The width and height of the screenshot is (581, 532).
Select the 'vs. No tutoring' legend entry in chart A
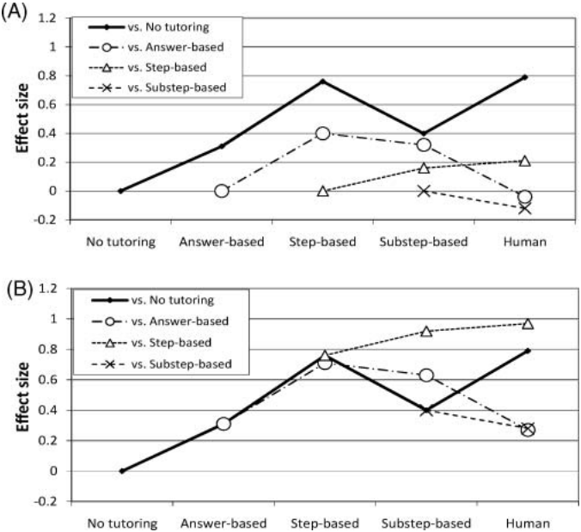[x=149, y=27]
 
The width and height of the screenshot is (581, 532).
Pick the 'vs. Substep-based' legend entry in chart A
[x=157, y=88]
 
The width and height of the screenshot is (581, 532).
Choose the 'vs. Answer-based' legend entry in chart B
[x=160, y=321]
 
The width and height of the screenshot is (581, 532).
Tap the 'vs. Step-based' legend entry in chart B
[x=151, y=342]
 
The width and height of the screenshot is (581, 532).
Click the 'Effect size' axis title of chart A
[x=22, y=119]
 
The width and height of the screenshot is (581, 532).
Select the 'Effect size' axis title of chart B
[x=22, y=397]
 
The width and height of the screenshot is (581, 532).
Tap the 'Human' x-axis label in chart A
[x=524, y=242]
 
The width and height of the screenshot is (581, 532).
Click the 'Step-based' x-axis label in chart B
[x=325, y=523]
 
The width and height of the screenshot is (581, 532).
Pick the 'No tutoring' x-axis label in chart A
[x=121, y=242]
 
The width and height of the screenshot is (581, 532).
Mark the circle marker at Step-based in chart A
[x=323, y=133]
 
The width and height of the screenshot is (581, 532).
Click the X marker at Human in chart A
[x=525, y=209]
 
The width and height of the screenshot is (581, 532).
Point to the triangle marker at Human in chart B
[x=528, y=325]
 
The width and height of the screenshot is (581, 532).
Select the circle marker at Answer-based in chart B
[x=223, y=424]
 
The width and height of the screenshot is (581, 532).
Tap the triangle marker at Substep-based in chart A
[x=424, y=168]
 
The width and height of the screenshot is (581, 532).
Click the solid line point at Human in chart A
[x=525, y=77]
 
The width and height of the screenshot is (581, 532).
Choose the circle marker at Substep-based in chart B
[x=426, y=376]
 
